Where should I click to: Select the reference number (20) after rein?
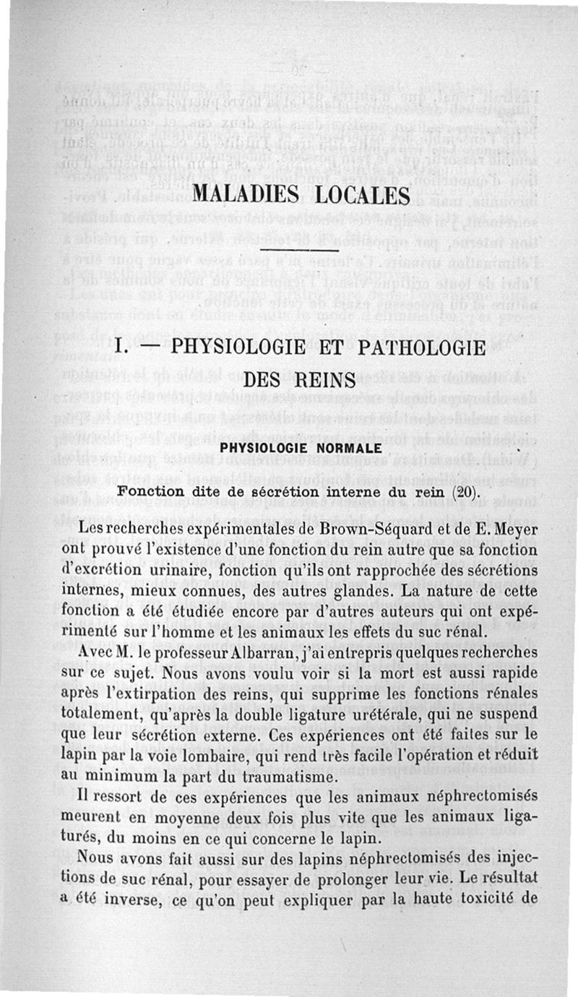[x=465, y=491]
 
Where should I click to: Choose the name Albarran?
[x=265, y=651]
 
